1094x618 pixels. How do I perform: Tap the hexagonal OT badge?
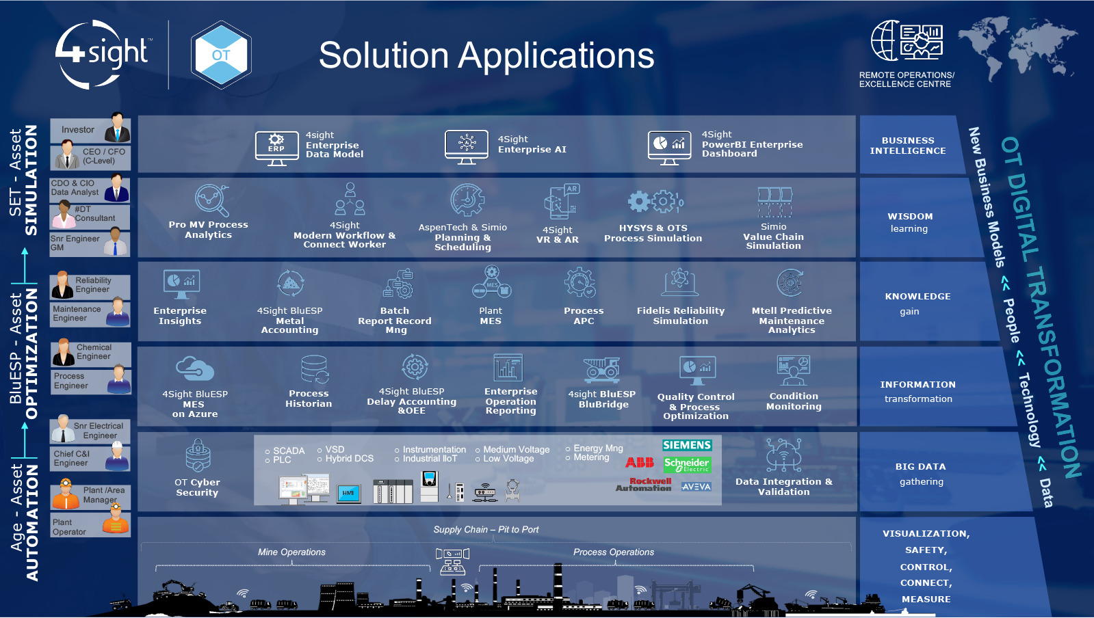(x=220, y=55)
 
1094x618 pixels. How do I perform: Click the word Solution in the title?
(x=383, y=55)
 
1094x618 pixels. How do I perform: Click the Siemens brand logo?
(x=687, y=445)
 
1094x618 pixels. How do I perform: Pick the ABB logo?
(x=640, y=463)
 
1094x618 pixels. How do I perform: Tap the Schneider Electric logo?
(x=687, y=465)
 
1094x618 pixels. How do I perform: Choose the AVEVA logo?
(x=696, y=487)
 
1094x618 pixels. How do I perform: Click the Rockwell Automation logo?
(x=643, y=485)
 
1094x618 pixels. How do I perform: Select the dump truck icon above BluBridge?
(x=602, y=370)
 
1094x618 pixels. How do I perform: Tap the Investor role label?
(x=78, y=130)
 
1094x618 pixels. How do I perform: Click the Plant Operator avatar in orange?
(x=116, y=523)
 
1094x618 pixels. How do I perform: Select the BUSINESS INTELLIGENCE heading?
(x=908, y=146)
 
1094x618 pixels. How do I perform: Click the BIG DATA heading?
(x=920, y=467)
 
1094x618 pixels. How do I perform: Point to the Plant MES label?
(x=491, y=316)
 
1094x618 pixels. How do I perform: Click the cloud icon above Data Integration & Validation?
(x=783, y=455)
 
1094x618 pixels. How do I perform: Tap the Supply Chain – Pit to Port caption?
(x=486, y=530)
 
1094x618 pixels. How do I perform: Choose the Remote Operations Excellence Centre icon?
(x=907, y=40)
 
